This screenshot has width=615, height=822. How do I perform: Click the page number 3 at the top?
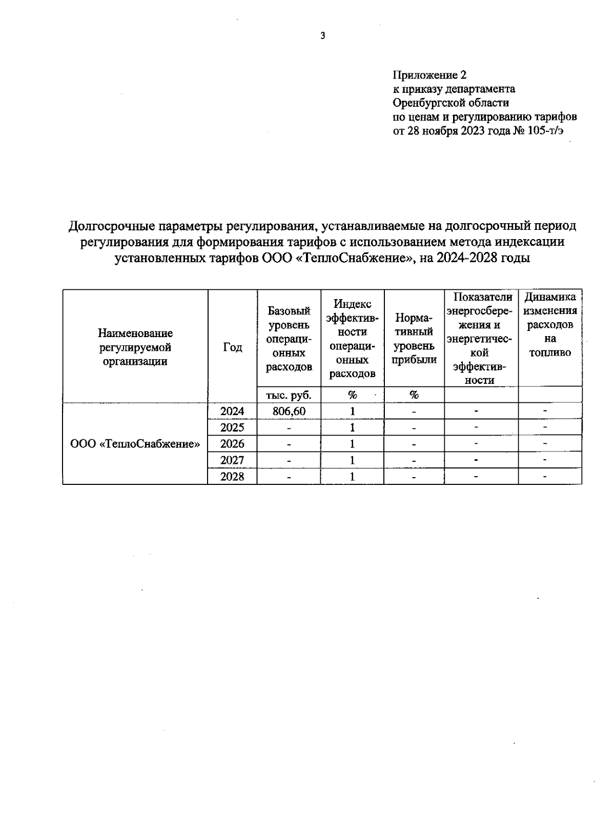pos(322,36)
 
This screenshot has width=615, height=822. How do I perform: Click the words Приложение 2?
pos(429,75)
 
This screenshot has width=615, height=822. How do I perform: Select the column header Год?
pos(232,347)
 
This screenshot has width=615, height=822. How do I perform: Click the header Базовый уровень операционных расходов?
pos(289,339)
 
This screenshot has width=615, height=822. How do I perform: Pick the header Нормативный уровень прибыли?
pos(414,339)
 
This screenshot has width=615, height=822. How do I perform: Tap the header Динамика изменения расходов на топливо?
pos(550,325)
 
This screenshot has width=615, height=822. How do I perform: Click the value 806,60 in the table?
pos(289,411)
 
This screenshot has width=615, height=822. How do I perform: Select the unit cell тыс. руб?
pos(289,395)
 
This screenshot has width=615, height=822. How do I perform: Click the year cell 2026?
pos(232,444)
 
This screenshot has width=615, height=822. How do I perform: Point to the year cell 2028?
pos(232,477)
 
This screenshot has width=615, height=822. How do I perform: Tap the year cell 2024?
pos(232,411)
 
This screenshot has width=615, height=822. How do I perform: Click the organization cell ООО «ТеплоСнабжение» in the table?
pos(135,444)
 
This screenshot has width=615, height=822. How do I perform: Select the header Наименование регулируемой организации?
pos(135,347)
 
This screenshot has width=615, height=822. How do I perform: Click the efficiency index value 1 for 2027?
pos(352,460)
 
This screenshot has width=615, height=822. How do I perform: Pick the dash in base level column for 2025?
pos(289,428)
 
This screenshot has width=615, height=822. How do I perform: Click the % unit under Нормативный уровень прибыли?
pos(414,395)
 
